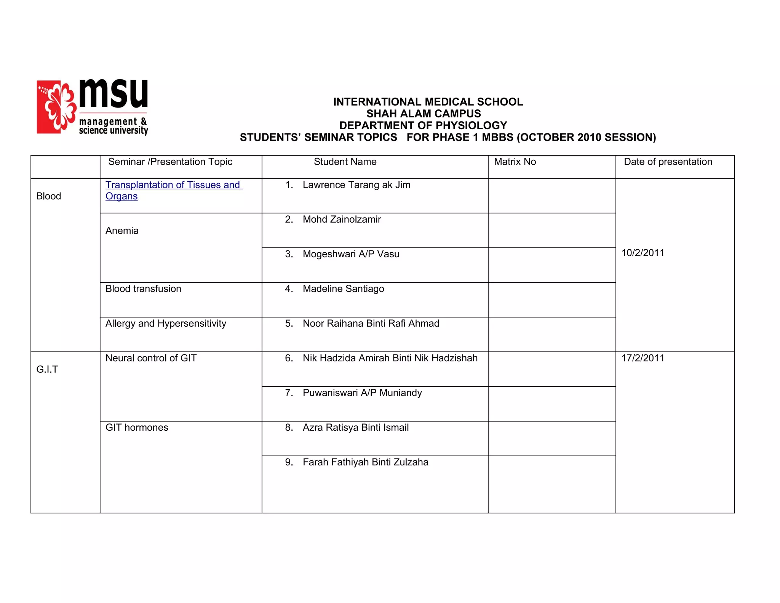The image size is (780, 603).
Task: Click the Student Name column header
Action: click(345, 162)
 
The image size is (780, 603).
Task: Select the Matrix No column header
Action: click(515, 162)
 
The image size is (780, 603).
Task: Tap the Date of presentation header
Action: click(668, 162)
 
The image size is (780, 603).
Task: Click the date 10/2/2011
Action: click(643, 253)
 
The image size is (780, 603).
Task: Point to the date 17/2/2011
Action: click(643, 358)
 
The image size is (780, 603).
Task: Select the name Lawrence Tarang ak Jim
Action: click(356, 185)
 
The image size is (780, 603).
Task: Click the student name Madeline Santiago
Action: click(343, 289)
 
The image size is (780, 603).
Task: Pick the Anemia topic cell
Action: click(122, 231)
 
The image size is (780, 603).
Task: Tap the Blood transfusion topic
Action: click(143, 289)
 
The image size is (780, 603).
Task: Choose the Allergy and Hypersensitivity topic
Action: click(166, 324)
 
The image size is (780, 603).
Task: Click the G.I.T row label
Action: click(47, 370)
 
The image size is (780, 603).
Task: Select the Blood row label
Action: click(48, 196)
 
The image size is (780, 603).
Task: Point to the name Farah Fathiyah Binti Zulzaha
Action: click(365, 462)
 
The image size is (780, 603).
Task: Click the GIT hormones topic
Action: click(137, 428)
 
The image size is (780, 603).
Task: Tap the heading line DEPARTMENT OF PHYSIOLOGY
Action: click(423, 125)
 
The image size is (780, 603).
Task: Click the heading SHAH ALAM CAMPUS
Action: click(424, 114)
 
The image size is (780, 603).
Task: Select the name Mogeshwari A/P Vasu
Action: click(351, 254)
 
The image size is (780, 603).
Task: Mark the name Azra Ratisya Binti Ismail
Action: click(355, 428)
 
